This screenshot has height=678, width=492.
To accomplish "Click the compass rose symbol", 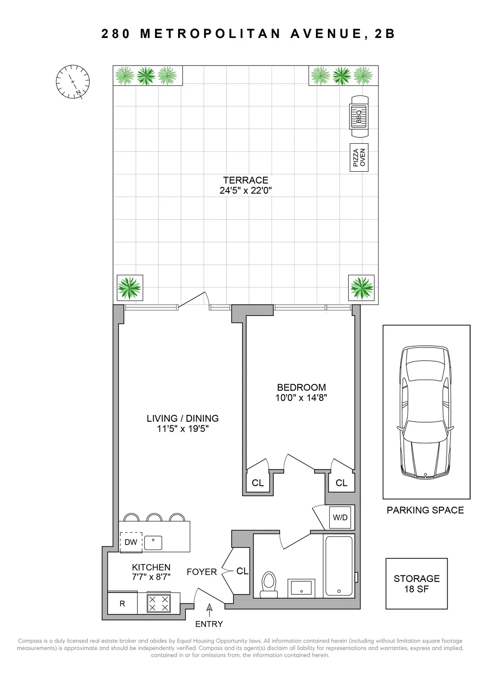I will pyautogui.click(x=72, y=82).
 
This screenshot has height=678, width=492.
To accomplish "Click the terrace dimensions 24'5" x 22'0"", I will pyautogui.click(x=245, y=191).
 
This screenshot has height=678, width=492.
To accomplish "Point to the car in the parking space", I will pyautogui.click(x=426, y=411).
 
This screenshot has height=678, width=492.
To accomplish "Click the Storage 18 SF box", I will pyautogui.click(x=417, y=584).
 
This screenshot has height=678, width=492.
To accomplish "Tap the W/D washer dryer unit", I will pyautogui.click(x=340, y=518).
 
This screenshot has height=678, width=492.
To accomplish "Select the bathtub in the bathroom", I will pyautogui.click(x=339, y=565).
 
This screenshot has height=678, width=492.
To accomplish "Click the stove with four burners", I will pyautogui.click(x=159, y=603).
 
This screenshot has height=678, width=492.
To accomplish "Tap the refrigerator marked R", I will pyautogui.click(x=122, y=603).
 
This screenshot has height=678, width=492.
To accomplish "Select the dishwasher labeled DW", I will pyautogui.click(x=131, y=542).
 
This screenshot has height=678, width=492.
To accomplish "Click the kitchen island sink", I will pyautogui.click(x=153, y=542).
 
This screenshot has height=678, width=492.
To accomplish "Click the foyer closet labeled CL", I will pyautogui.click(x=242, y=571).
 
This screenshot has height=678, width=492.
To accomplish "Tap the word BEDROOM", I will pyautogui.click(x=301, y=387).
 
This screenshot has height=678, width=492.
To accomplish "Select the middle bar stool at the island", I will pyautogui.click(x=154, y=518).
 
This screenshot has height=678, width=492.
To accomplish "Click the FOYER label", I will pyautogui.click(x=201, y=572).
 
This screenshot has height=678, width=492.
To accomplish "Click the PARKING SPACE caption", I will pyautogui.click(x=425, y=510).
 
